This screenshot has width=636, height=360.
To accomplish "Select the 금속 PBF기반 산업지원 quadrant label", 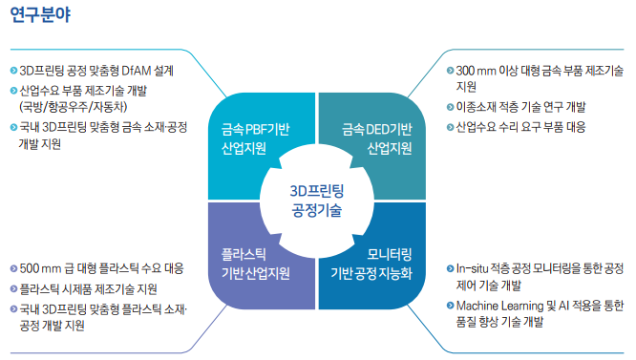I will [x=255, y=138].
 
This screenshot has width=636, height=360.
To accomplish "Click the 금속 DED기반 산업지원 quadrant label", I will [x=376, y=138].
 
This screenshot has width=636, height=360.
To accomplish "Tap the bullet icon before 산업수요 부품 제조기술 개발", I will [x=12, y=92].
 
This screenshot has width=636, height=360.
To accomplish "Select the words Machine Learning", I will [x=500, y=306].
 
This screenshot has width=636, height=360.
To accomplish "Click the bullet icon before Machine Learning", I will [x=449, y=306].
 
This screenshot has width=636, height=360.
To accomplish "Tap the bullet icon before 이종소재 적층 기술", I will [x=449, y=107].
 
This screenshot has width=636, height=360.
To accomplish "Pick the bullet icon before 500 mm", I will [x=12, y=268].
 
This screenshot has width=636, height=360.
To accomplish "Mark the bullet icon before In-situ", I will [x=449, y=269].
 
